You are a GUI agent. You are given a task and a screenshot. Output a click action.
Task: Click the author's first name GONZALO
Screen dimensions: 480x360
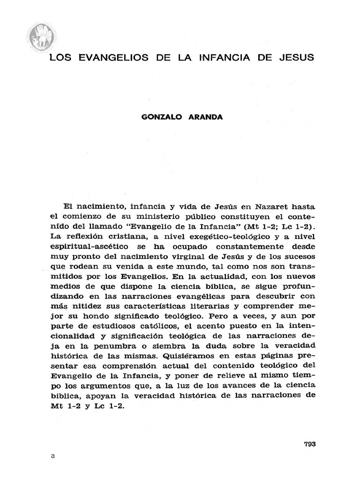click(161, 117)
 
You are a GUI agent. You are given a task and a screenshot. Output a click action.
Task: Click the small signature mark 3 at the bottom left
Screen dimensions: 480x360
click(53, 456)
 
